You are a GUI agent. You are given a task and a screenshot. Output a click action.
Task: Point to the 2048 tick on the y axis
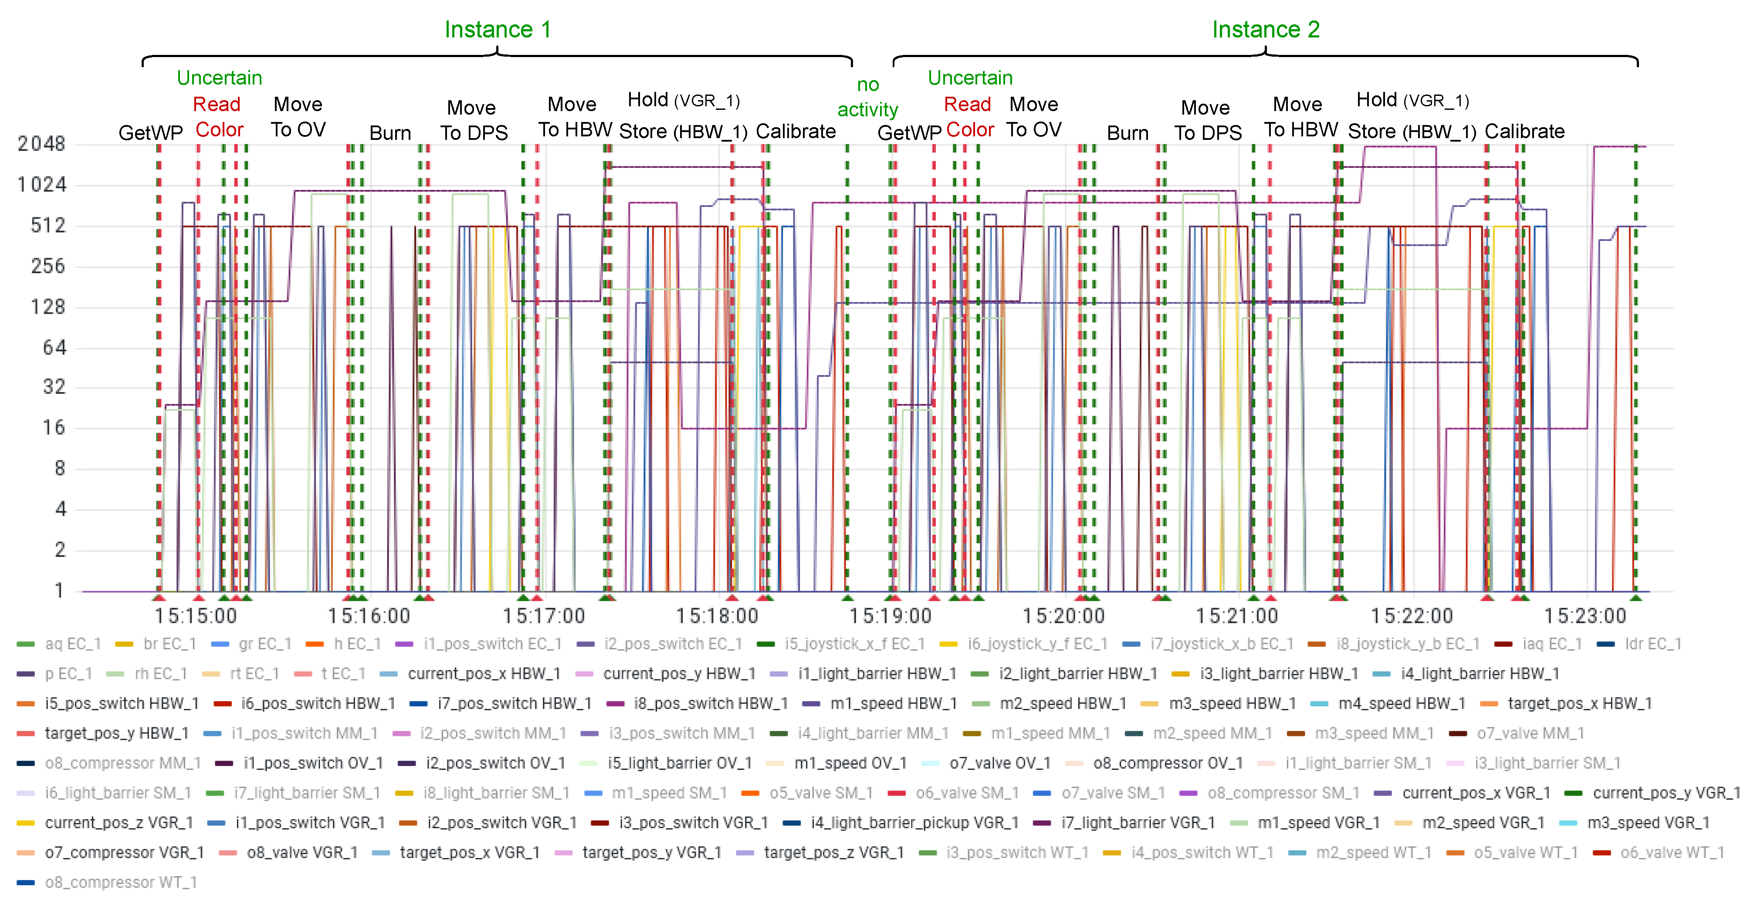point(41,144)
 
